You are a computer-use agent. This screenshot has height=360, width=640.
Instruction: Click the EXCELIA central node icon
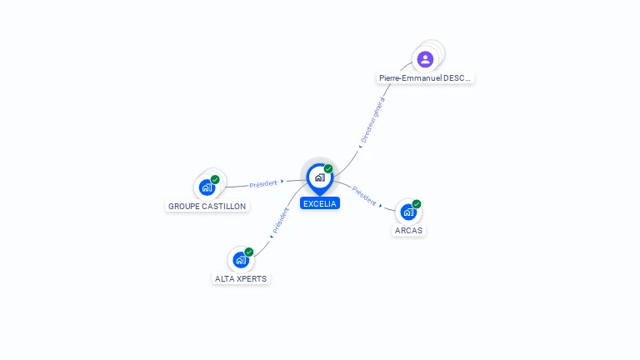[319, 177]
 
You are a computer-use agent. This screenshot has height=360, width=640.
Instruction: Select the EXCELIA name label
[320, 203]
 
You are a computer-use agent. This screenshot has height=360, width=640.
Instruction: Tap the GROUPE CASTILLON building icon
[207, 187]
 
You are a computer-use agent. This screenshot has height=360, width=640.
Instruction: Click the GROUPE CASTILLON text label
[207, 206]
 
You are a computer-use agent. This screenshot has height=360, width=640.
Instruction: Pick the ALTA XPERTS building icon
[241, 259]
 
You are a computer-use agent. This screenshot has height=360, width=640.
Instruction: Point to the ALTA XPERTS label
[242, 278]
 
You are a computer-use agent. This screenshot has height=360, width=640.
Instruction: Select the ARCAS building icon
[408, 212]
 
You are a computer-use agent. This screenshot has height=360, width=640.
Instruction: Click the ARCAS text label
[409, 230]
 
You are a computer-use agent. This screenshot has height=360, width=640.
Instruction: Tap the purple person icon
[425, 59]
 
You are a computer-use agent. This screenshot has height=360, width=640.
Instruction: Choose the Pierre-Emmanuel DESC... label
[425, 77]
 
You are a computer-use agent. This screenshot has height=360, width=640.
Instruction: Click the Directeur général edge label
[373, 120]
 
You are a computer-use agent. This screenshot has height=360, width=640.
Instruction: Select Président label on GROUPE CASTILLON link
[263, 183]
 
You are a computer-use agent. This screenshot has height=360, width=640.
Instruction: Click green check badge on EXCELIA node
[328, 169]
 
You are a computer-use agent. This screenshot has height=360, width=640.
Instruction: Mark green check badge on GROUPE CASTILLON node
[215, 180]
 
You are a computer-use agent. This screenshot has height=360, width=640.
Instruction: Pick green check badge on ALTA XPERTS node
[248, 252]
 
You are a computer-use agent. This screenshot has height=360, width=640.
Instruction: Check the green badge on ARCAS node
[417, 204]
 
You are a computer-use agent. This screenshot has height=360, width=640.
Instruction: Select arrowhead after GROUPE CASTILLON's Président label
[282, 181]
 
